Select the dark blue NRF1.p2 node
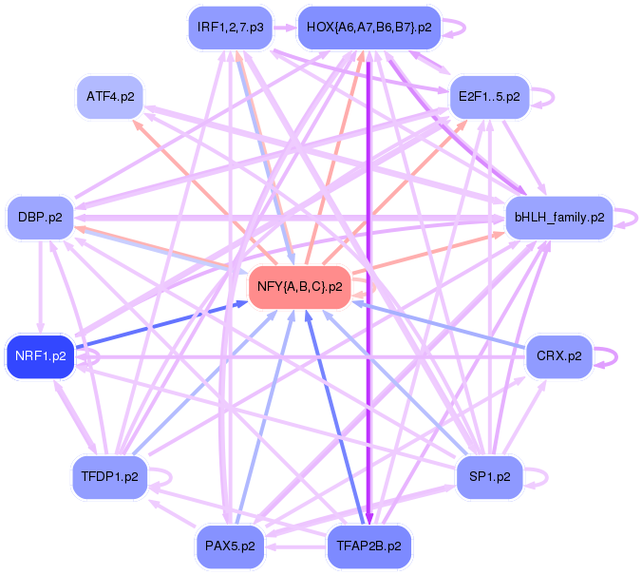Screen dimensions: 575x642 (40, 356)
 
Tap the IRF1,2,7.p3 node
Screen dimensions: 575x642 (231, 28)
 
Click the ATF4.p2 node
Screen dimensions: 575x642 (110, 97)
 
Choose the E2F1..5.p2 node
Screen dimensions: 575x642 (488, 97)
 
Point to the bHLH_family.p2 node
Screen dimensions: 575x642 (559, 217)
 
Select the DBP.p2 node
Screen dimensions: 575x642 (40, 217)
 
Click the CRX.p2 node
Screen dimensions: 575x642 (559, 356)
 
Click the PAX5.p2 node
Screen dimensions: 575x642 (230, 546)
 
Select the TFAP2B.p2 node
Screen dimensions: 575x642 (368, 546)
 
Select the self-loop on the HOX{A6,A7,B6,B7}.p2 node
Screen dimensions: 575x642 (456, 28)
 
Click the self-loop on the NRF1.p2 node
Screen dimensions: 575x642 (88, 356)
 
